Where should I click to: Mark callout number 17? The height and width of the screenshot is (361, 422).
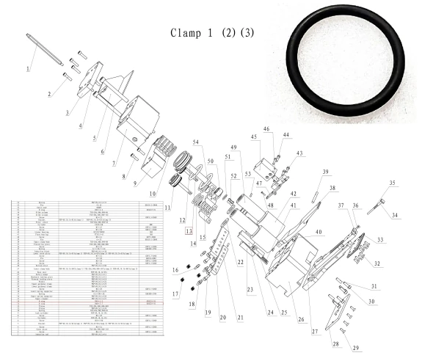click(175, 294)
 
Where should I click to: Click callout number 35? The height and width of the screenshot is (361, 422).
click(392, 183)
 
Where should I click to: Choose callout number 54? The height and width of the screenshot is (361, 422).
click(195, 142)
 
